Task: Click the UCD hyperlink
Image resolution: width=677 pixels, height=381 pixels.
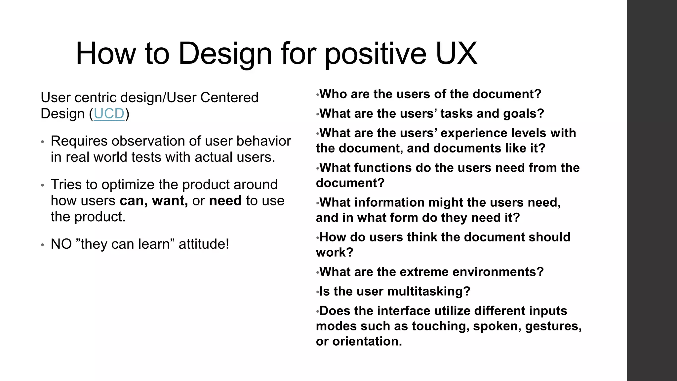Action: tap(109, 114)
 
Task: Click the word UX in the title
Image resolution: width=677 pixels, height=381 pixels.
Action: tap(456, 54)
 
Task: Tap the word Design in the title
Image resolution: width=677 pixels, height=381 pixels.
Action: tap(225, 54)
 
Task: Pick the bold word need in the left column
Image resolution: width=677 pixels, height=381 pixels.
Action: tap(225, 201)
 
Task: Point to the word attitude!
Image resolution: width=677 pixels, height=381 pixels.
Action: tap(204, 244)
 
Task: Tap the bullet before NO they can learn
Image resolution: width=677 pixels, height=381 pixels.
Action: tap(42, 245)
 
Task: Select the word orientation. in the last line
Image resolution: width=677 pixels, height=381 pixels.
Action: tap(367, 341)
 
